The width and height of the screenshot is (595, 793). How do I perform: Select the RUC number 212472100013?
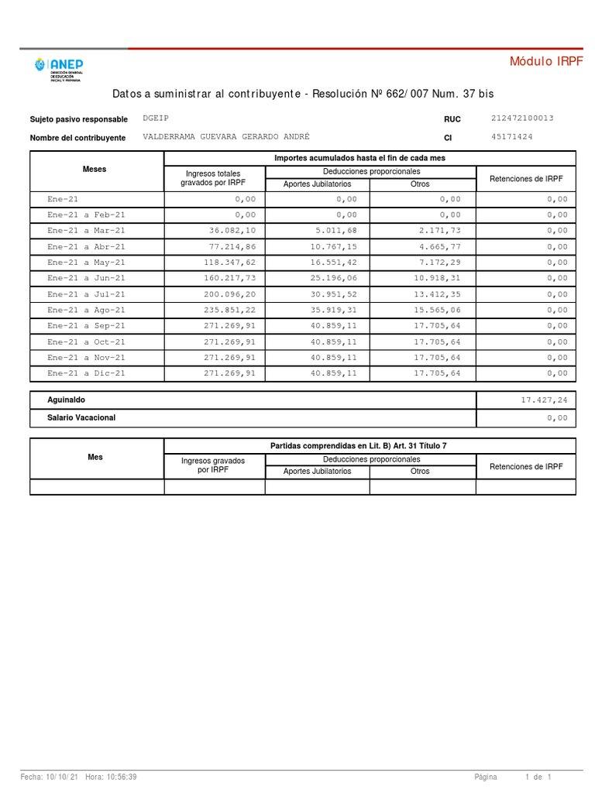tap(522, 118)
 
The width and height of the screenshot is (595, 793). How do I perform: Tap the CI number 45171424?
tap(511, 137)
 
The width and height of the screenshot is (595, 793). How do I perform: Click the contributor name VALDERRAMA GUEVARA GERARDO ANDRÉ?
tap(226, 136)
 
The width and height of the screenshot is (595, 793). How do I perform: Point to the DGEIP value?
tap(156, 118)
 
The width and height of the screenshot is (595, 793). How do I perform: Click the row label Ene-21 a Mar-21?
tap(86, 231)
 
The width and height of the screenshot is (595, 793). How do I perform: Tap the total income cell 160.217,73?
tap(229, 278)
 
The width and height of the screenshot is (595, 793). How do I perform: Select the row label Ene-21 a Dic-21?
tap(86, 373)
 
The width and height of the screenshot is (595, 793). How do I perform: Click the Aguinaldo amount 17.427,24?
tap(545, 400)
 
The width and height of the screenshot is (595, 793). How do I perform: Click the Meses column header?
tap(95, 169)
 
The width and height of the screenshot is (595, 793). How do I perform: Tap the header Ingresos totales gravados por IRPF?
tap(211, 178)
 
